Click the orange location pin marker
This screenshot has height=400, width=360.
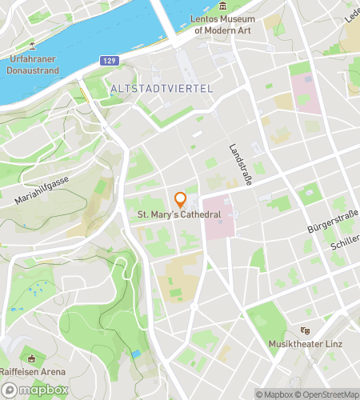[181, 200]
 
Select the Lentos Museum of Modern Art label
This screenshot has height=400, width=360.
[222, 24]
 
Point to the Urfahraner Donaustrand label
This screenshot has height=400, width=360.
[33, 64]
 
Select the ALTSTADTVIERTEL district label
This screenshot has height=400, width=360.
[162, 88]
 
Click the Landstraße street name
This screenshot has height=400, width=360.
[240, 165]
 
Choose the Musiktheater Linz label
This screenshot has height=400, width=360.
[304, 343]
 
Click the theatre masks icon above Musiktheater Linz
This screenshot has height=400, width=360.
[304, 330]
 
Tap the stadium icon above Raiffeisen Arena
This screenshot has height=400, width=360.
[31, 358]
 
